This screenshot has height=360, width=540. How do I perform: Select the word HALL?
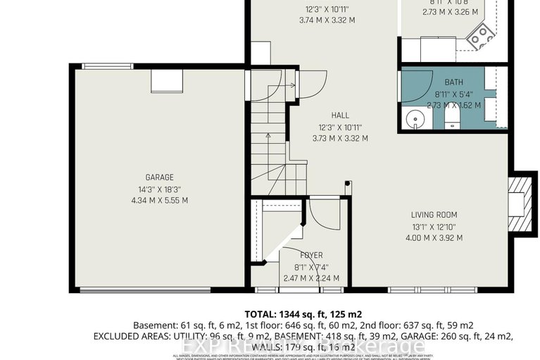tap(340, 116)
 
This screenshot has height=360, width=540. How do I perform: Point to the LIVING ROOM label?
tap(434, 215)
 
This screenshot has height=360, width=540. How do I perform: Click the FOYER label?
tap(310, 255)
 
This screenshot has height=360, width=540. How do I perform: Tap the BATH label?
tap(453, 82)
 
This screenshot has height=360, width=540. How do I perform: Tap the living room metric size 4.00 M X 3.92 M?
tap(434, 237)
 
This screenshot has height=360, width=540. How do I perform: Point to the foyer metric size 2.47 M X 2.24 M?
tap(310, 278)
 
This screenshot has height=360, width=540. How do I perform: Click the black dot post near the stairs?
tap(347, 185)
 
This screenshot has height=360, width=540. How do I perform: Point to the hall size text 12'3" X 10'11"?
tap(340, 127)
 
